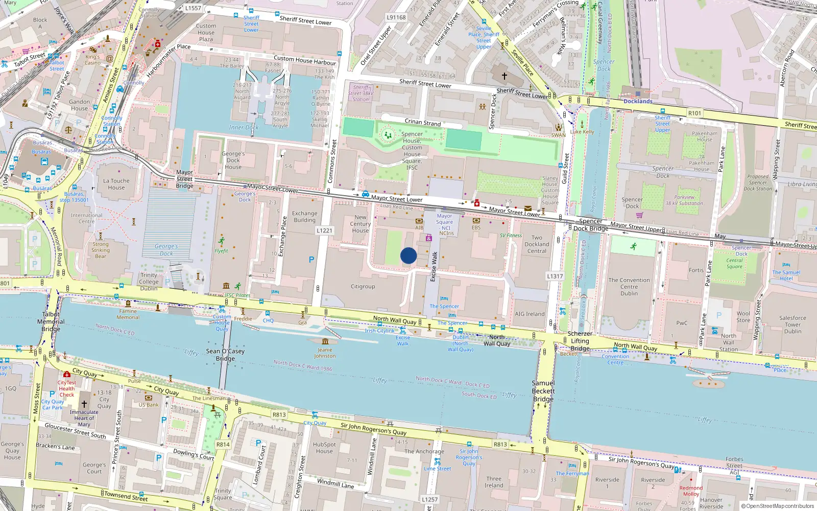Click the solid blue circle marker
408,255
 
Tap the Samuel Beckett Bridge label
543,391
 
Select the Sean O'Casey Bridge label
225,355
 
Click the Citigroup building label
363,287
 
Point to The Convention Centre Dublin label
629,287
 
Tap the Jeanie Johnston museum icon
325,341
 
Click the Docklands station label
638,101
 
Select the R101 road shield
694,113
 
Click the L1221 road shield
324,230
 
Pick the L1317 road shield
555,276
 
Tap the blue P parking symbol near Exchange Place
311,260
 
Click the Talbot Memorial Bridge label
51,321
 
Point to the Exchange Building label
304,217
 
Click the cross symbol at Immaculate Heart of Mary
84,404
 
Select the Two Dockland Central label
537,244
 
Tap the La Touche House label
116,184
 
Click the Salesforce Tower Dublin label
792,324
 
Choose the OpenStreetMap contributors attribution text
777,506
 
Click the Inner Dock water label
244,127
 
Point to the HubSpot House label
324,448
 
